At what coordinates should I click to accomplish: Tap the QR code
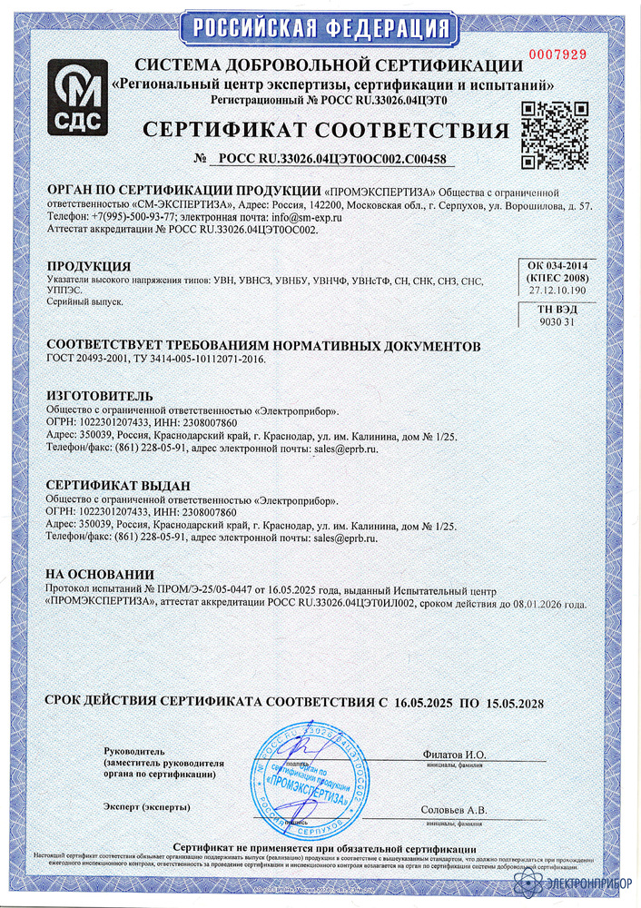tap(555, 134)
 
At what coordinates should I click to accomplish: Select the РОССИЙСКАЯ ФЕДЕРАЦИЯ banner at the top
tap(320, 26)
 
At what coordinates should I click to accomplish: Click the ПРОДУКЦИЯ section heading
tap(88, 266)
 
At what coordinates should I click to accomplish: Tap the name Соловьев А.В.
tap(454, 810)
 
